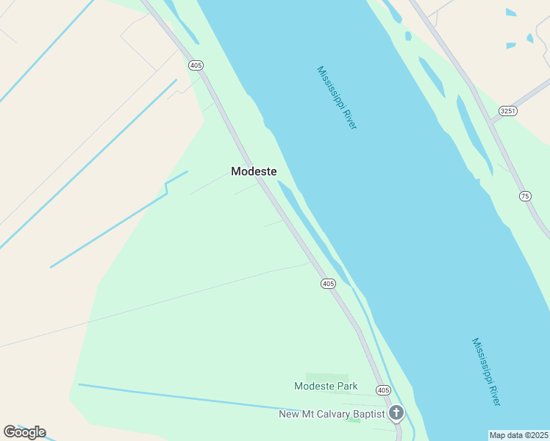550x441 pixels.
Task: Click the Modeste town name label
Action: click(x=254, y=171)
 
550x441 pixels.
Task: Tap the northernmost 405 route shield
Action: click(x=196, y=65)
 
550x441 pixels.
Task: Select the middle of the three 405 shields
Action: click(x=328, y=283)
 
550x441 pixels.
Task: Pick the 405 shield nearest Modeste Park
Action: click(x=382, y=390)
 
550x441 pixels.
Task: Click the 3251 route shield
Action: click(x=507, y=111)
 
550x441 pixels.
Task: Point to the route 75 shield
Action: click(x=524, y=196)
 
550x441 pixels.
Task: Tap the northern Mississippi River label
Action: click(x=336, y=98)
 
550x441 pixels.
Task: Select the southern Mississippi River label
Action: click(x=486, y=372)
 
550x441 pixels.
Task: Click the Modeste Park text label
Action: click(x=326, y=386)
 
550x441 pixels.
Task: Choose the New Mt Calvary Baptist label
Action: click(x=332, y=415)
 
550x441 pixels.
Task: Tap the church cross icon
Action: click(x=396, y=413)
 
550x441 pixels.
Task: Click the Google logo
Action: click(x=24, y=432)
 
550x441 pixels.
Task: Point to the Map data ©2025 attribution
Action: click(x=519, y=435)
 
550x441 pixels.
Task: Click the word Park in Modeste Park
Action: click(x=346, y=386)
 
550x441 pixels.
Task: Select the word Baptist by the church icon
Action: click(x=368, y=415)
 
